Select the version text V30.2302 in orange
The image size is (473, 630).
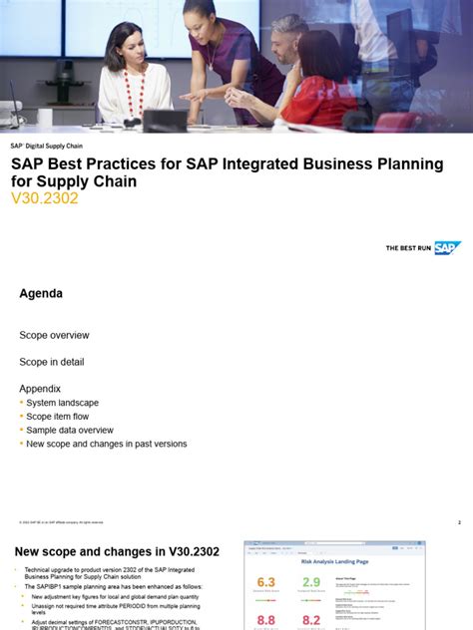pyautogui.click(x=44, y=198)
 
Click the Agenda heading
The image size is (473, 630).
pyautogui.click(x=41, y=294)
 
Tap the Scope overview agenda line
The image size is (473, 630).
pyautogui.click(x=54, y=336)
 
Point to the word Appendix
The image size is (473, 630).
pyautogui.click(x=40, y=389)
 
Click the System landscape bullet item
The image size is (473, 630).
pyautogui.click(x=62, y=403)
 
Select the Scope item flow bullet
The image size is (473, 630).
pyautogui.click(x=57, y=417)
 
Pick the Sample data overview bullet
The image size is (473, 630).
pyautogui.click(x=69, y=431)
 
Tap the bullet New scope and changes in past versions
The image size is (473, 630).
pyautogui.click(x=106, y=445)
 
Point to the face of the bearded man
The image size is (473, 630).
pyautogui.click(x=288, y=40)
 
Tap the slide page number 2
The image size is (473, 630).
pyautogui.click(x=459, y=522)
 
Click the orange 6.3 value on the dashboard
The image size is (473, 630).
pyautogui.click(x=265, y=583)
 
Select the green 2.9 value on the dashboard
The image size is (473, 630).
pyautogui.click(x=311, y=583)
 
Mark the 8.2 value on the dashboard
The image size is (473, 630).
pyautogui.click(x=311, y=620)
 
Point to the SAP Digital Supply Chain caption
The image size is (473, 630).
pyautogui.click(x=47, y=146)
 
